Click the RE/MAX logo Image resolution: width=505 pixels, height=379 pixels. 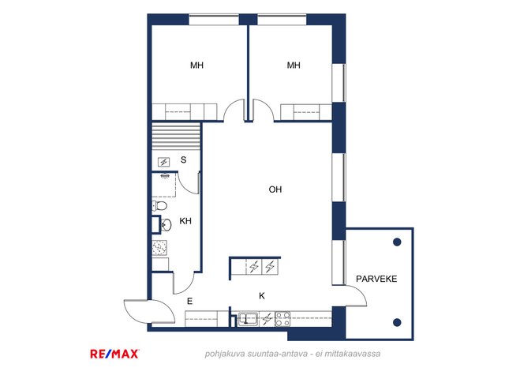point(114,354)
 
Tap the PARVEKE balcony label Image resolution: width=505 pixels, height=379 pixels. point(376,279)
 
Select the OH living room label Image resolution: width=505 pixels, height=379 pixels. point(275,189)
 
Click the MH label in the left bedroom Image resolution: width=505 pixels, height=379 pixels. point(196,66)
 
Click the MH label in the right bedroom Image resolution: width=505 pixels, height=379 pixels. point(294,66)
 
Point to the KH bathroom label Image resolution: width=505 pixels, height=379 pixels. point(185,221)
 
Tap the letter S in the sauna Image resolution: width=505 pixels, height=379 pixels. point(183,159)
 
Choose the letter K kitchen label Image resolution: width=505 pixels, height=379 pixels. point(262,295)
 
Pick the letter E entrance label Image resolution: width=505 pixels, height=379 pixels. point(189,301)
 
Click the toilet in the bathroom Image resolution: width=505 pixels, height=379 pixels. point(159,205)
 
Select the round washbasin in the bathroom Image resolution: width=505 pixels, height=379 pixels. point(166,224)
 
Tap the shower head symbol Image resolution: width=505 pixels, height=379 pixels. point(165,176)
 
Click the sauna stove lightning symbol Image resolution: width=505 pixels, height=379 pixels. point(163,162)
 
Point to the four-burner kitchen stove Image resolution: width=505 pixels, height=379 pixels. point(282,319)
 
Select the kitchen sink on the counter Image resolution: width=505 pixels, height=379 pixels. point(248,319)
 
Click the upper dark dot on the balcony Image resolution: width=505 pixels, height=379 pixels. point(397,242)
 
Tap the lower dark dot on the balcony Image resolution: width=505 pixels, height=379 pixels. point(397,322)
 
